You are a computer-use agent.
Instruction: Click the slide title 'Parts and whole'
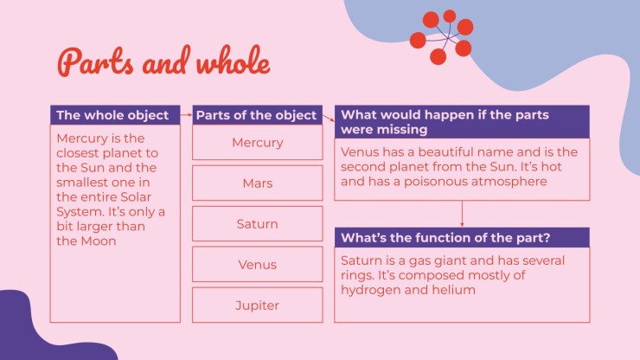pyautogui.click(x=163, y=61)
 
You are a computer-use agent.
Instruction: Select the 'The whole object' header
pyautogui.click(x=115, y=115)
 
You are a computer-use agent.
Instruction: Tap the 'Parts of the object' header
pyautogui.click(x=257, y=115)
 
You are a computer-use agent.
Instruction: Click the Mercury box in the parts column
pyautogui.click(x=257, y=142)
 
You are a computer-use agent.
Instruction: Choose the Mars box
pyautogui.click(x=257, y=183)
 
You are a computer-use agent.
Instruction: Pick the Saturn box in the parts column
pyautogui.click(x=257, y=223)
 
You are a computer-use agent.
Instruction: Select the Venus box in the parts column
pyautogui.click(x=257, y=265)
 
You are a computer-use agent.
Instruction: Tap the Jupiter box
pyautogui.click(x=257, y=305)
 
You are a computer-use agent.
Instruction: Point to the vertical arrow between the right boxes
pyautogui.click(x=462, y=214)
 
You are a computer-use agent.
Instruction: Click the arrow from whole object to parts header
pyautogui.click(x=186, y=115)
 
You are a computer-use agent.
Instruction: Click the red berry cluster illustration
pyautogui.click(x=442, y=36)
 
